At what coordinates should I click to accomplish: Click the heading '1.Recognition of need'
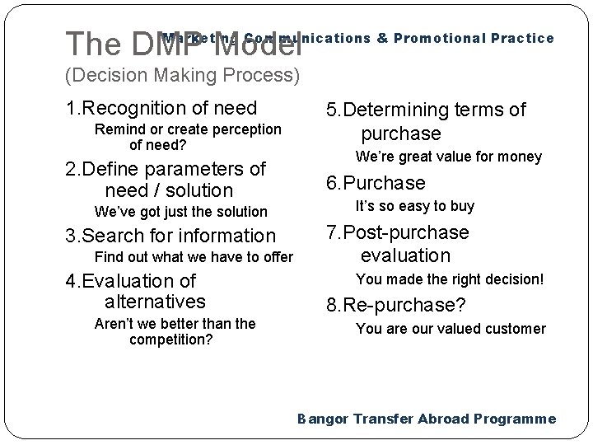coord(161,108)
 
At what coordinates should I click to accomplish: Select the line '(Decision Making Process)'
coord(182,76)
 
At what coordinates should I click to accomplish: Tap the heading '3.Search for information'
coord(170,236)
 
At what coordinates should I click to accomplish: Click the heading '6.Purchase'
coord(376,183)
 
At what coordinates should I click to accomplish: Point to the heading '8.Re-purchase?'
coord(395,306)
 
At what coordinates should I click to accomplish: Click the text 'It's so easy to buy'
coord(414,206)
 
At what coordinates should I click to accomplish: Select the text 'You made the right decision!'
coord(450,279)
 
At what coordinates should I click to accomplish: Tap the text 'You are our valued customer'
coord(450,329)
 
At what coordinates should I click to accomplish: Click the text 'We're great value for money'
coord(448,157)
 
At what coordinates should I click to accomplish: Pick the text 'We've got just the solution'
coord(180,212)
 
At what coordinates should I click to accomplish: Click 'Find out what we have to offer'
coord(194,257)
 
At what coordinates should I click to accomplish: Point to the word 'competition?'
coord(171,339)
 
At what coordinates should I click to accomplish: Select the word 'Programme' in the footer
coord(516,419)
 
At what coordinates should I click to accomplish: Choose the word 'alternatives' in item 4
coord(156,302)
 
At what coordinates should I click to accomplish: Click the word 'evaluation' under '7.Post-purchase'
coord(404,256)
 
